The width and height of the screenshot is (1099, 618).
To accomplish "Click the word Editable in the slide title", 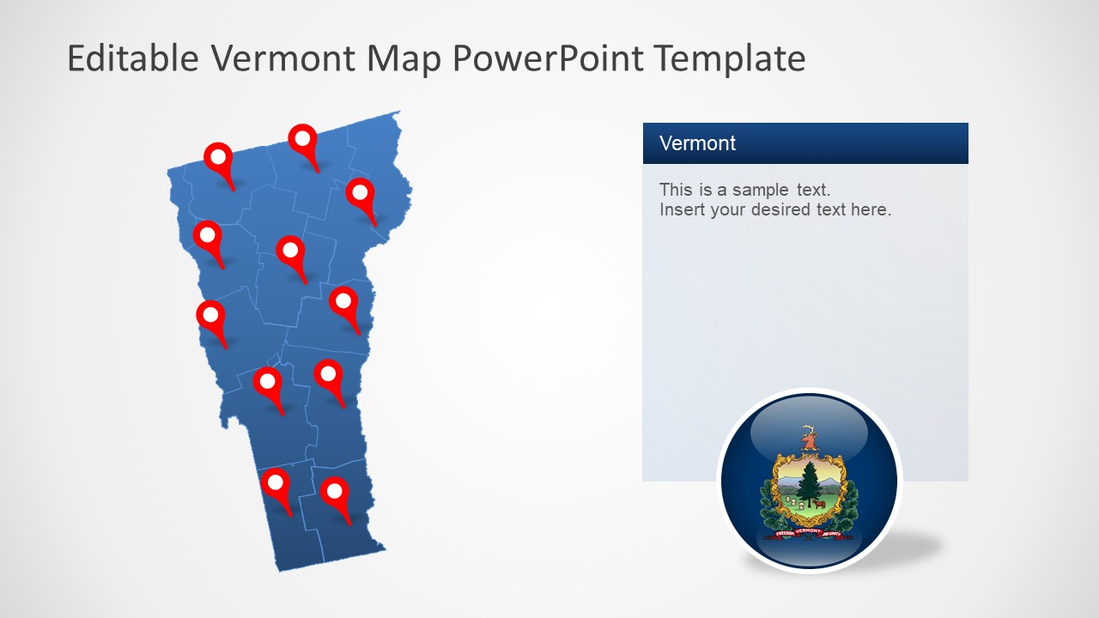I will (x=133, y=58).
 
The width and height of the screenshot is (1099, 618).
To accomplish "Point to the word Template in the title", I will (x=729, y=58).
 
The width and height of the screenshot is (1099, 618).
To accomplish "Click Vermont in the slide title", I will (x=283, y=58).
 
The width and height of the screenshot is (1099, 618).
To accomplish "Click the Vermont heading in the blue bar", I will (x=697, y=143).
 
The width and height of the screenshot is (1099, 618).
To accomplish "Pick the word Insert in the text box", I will (x=681, y=209).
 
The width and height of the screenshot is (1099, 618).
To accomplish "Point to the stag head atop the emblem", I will (x=808, y=438).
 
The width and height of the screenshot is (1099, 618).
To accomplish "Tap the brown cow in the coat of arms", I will (x=820, y=504).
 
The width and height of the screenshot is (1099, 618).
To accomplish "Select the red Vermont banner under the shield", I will (x=808, y=532).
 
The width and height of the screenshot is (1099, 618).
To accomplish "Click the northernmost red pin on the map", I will (x=302, y=137).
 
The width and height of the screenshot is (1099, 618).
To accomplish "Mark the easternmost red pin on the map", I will (x=361, y=192).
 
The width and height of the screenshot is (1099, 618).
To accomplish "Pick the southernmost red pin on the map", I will (x=334, y=492).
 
